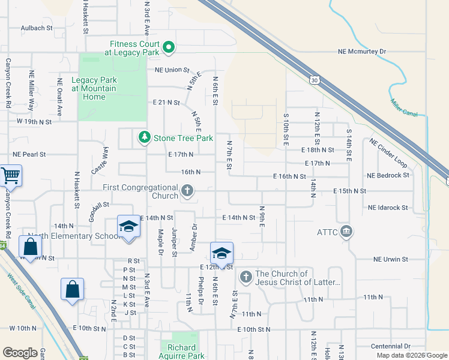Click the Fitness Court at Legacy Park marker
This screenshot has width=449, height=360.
tap(169, 47)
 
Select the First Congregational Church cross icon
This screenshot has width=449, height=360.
tap(187, 191)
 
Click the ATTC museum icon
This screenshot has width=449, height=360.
tap(346, 232)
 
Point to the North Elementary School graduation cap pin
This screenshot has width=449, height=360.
tap(128, 227)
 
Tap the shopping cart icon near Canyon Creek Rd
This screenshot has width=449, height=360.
tap(10, 176)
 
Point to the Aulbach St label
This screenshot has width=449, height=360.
tap(37, 28)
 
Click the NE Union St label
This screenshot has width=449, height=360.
tap(172, 70)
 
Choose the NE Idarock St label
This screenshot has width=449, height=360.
tap(388, 208)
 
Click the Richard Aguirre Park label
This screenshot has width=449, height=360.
tap(182, 352)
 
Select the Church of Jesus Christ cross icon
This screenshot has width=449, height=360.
tap(246, 277)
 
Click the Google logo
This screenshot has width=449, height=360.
tap(20, 353)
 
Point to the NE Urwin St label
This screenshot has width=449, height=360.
tap(390, 259)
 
